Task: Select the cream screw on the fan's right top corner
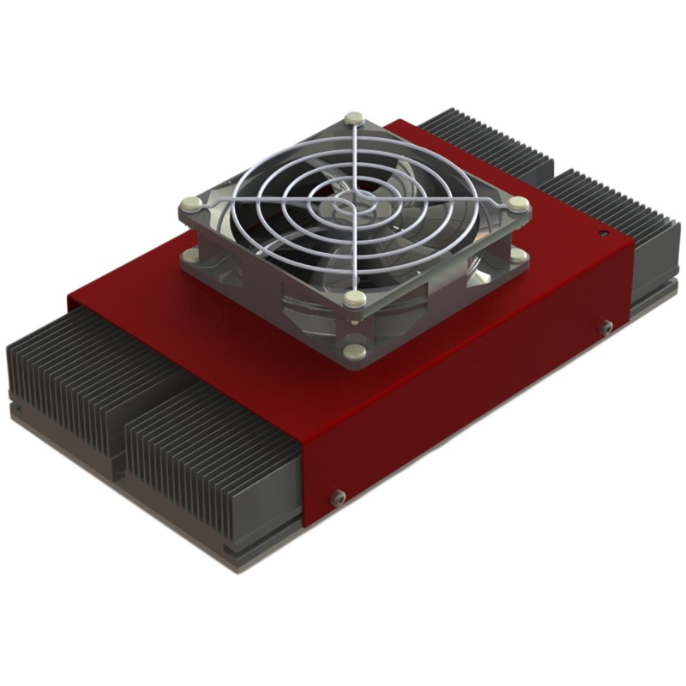point(517,203)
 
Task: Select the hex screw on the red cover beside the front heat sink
point(338,496)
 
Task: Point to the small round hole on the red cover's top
point(604,232)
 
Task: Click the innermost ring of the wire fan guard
point(352,202)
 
